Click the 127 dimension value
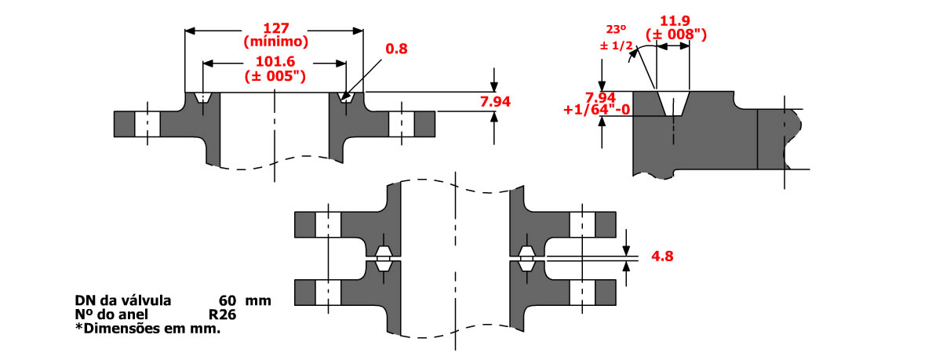[275, 27]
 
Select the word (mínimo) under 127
[275, 41]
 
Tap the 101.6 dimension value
[275, 61]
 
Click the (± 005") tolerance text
[275, 76]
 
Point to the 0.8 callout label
[395, 48]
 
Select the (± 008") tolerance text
[673, 35]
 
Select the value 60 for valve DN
[228, 300]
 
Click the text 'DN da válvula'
[122, 300]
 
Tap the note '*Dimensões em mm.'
[147, 329]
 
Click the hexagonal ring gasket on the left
[383, 256]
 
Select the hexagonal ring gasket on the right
[526, 256]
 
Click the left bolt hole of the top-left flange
[147, 123]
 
